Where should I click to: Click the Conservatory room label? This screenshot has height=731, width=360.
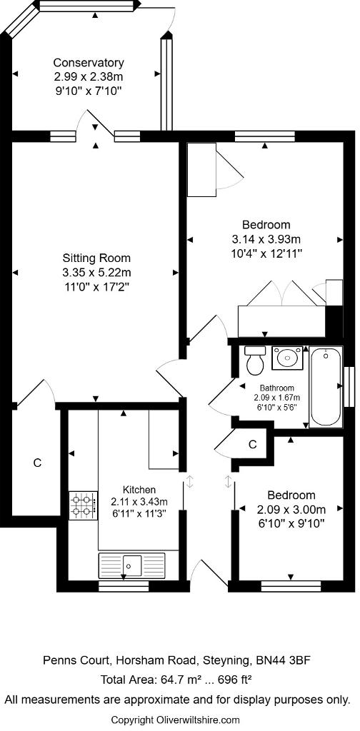[89, 63]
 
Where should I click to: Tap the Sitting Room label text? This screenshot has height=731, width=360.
[96, 258]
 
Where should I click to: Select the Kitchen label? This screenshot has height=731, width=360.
[139, 490]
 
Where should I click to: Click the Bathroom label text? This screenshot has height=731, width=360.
[276, 388]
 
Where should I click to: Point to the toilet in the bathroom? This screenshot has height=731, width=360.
[254, 361]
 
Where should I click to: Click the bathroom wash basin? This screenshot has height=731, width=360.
[289, 356]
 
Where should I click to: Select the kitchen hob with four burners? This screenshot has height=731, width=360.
[83, 505]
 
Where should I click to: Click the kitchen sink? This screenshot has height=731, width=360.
[132, 565]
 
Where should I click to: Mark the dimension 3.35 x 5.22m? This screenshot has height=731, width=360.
[96, 273]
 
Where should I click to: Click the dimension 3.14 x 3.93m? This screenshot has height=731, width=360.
[266, 238]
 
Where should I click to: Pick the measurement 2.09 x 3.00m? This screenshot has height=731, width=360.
[291, 509]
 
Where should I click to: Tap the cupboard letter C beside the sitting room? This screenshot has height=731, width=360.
[37, 463]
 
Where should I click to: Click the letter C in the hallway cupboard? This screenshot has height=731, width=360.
[252, 444]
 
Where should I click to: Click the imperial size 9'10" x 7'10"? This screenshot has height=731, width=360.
[89, 91]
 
